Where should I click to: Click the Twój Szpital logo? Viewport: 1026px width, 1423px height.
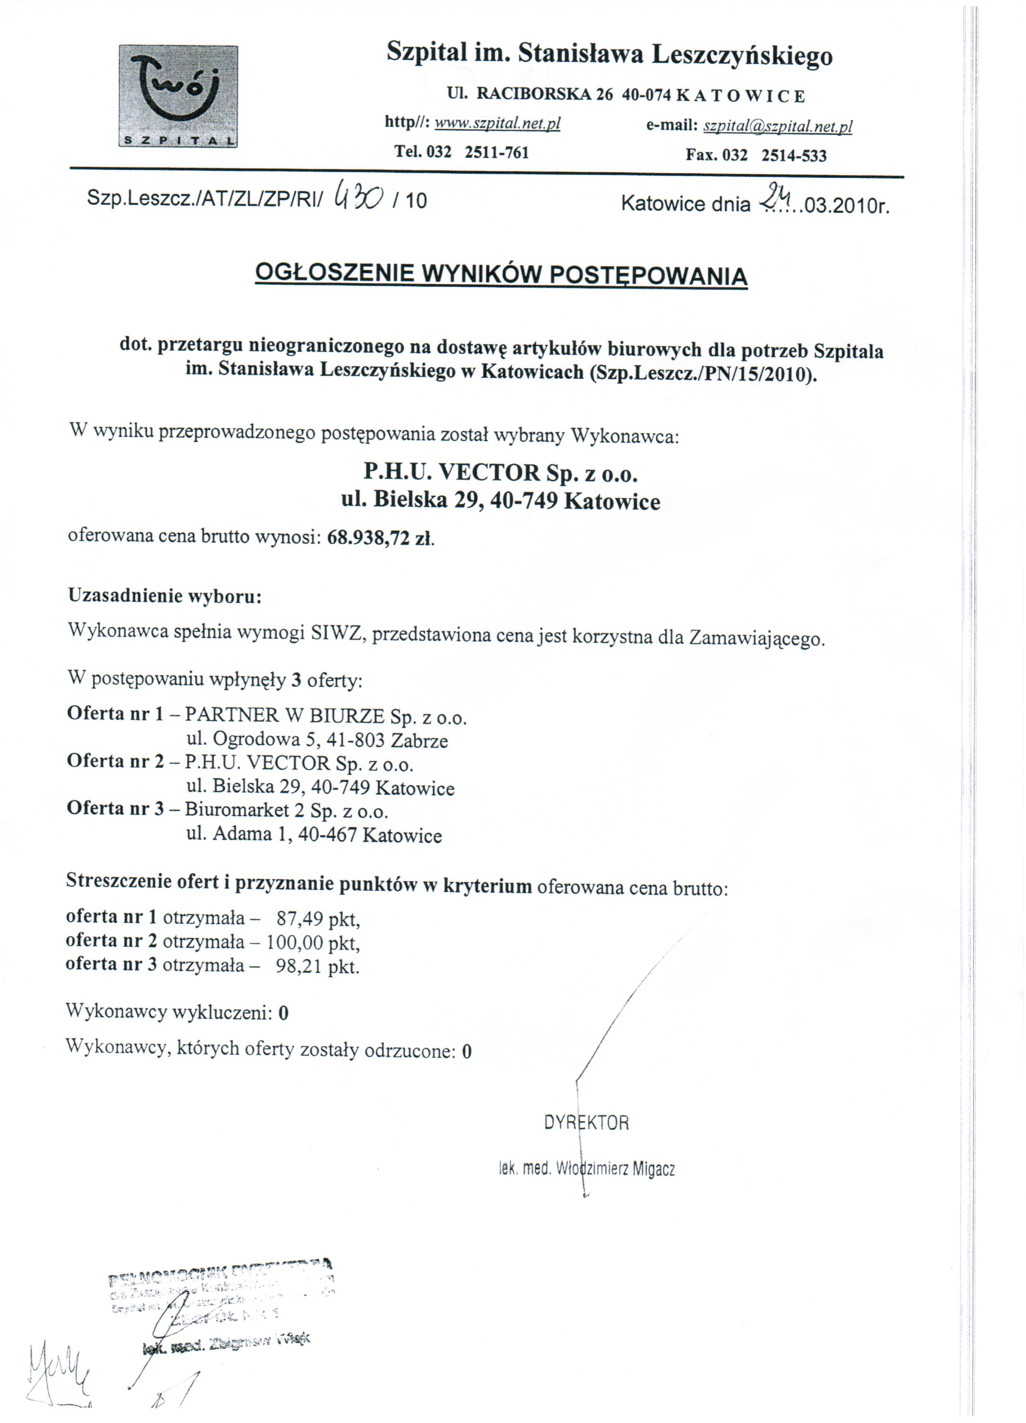tap(178, 96)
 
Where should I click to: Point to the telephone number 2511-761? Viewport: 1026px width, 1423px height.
tap(497, 152)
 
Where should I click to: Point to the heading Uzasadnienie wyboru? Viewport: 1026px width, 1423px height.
tap(164, 595)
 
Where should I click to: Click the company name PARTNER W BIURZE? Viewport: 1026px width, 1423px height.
tap(285, 715)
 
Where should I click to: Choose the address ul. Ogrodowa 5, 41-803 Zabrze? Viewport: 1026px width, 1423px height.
tap(317, 740)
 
